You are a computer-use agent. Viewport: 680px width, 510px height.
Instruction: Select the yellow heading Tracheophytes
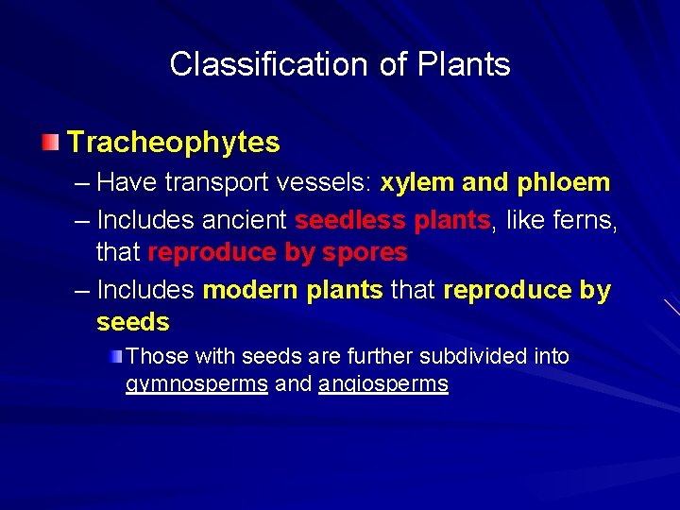coord(174,143)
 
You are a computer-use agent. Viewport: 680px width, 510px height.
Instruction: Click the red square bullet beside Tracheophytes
coord(49,143)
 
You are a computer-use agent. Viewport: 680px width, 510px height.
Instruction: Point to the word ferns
coord(582,221)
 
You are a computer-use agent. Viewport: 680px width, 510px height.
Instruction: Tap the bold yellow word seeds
coord(132,322)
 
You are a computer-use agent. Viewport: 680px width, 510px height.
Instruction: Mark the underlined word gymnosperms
coord(196,384)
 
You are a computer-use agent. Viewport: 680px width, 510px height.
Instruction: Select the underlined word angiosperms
coord(383,384)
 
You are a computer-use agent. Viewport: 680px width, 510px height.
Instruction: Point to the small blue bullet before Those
coord(114,356)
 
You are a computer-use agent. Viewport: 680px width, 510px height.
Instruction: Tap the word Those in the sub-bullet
coord(155,356)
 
